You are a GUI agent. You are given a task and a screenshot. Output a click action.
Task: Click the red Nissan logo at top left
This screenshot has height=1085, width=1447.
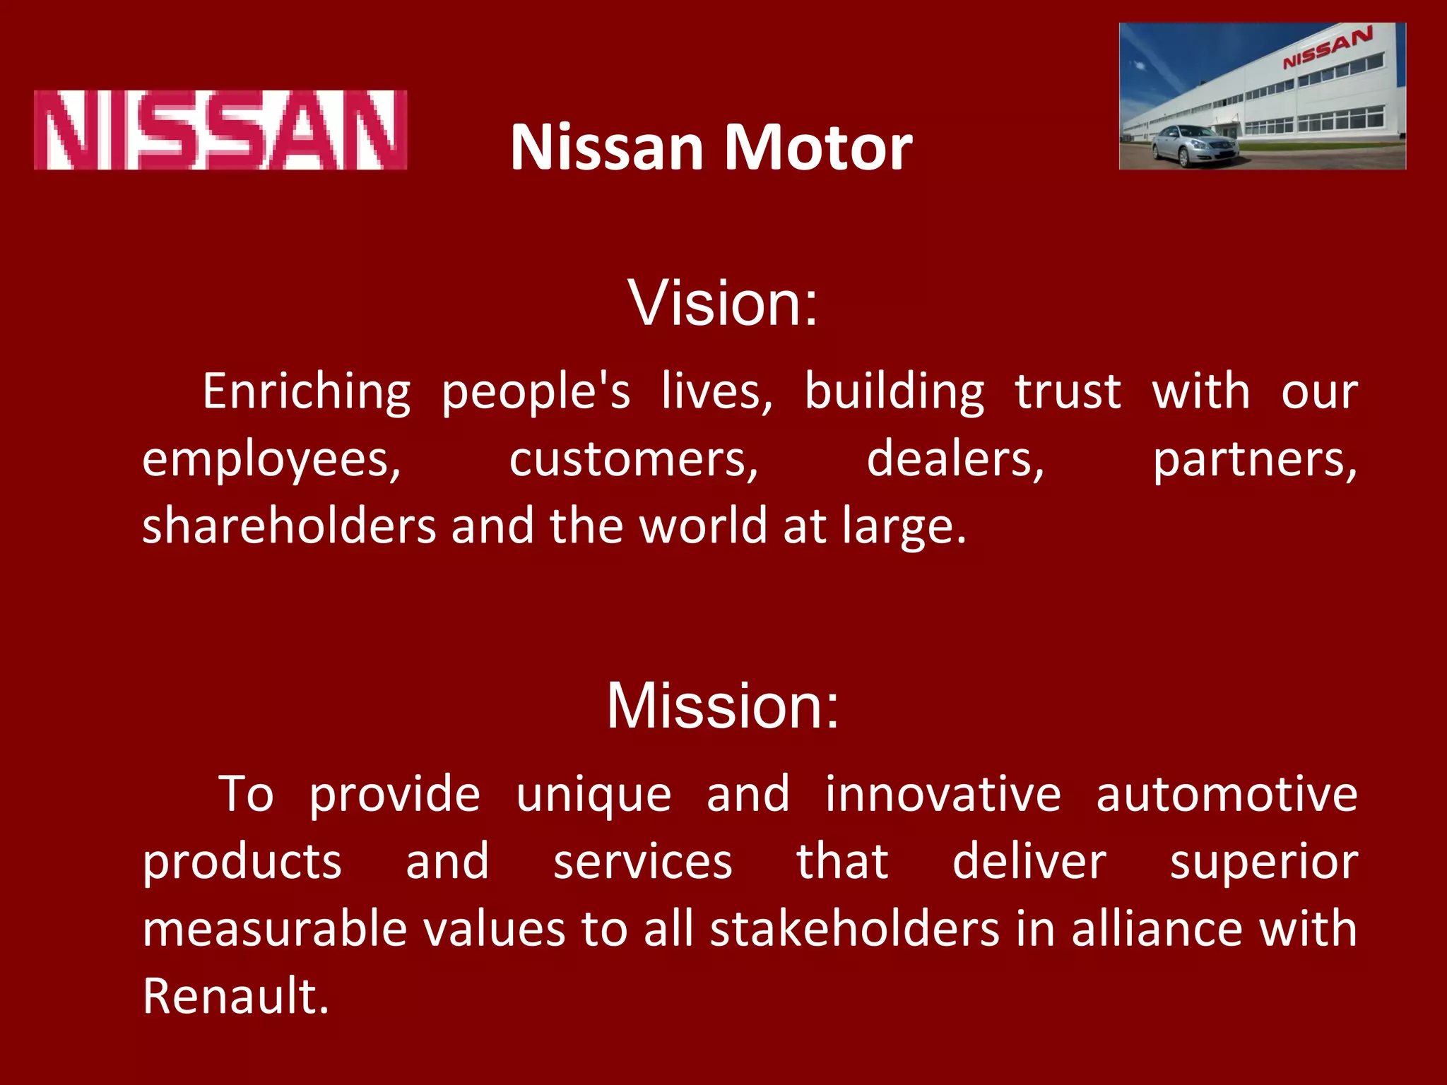[x=220, y=130]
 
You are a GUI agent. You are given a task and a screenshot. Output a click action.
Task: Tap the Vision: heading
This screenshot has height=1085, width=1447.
[x=723, y=303]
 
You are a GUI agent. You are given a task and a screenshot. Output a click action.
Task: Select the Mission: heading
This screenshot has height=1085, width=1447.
[x=723, y=706]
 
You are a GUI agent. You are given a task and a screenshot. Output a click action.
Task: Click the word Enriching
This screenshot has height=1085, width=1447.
[x=307, y=391]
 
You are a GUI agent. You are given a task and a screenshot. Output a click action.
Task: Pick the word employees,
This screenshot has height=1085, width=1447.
[x=272, y=460]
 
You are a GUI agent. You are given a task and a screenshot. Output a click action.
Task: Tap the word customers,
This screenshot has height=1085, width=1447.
[x=634, y=460]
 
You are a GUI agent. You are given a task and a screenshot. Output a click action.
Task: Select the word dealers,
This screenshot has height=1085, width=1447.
[x=955, y=460]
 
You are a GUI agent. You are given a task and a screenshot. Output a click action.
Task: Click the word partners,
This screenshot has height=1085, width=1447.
[x=1255, y=460]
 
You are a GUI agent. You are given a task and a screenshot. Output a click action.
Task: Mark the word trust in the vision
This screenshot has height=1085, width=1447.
[x=1068, y=391]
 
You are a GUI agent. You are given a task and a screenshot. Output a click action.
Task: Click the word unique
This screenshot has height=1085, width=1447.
[x=593, y=794]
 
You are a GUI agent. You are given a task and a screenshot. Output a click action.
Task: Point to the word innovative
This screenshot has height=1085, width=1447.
[x=943, y=794]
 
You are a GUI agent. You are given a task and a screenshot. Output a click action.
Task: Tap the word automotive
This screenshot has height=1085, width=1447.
[x=1227, y=794]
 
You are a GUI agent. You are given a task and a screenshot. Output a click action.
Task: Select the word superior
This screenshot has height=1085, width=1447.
[x=1264, y=862]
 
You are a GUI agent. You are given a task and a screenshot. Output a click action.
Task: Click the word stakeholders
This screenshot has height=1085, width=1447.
[x=855, y=928]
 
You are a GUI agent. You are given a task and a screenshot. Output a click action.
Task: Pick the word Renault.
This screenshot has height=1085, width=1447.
[x=236, y=996]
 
